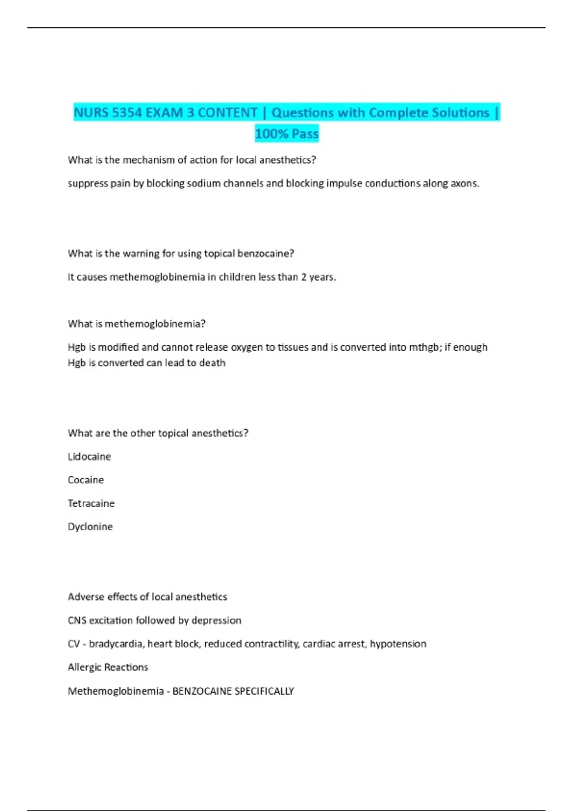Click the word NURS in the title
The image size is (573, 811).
(91, 113)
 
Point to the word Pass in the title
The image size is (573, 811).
(305, 134)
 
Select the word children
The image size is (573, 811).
(237, 277)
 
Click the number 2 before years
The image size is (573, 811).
(304, 277)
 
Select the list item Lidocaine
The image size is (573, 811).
(89, 457)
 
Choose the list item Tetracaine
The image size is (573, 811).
(91, 503)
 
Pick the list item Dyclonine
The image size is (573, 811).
(90, 527)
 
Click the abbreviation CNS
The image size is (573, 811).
(77, 620)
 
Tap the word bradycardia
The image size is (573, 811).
(117, 644)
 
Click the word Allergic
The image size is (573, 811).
(84, 667)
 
